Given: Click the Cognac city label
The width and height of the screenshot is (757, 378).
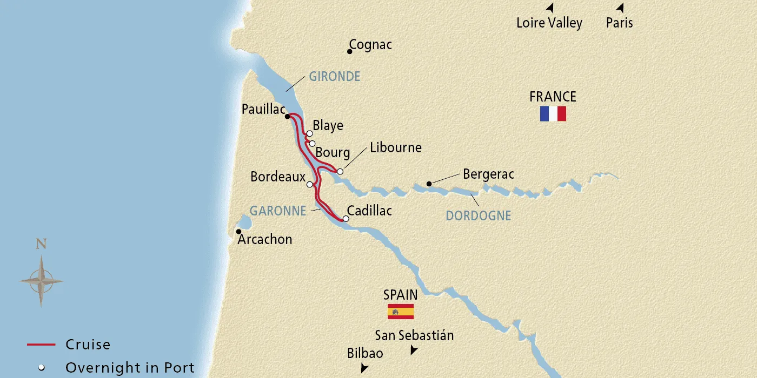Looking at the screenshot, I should (370, 45).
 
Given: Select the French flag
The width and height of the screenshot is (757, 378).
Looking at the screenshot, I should (553, 113).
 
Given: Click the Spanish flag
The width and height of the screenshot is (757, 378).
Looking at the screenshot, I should (401, 312).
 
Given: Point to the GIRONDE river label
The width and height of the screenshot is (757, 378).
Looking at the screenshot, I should (334, 77).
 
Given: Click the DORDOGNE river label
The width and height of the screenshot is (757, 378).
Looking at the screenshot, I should (478, 216).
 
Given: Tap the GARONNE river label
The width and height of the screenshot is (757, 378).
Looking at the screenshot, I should (278, 211).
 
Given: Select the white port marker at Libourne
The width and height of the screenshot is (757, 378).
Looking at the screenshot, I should (340, 172).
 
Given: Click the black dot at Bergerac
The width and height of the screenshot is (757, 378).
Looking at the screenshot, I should (429, 184).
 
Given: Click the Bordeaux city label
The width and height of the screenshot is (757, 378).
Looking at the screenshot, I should (278, 177).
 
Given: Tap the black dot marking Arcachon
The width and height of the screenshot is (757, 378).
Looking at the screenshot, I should (238, 232).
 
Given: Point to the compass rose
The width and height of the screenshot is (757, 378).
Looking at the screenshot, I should (41, 281).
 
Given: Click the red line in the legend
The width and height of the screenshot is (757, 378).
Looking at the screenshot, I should (41, 345).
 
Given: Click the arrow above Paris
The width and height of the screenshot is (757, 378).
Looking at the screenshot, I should (620, 8).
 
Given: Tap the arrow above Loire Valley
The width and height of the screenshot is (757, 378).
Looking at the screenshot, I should (550, 8).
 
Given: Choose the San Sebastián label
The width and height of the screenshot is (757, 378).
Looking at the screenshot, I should (415, 335).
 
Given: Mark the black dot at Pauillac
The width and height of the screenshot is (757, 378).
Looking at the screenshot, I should (288, 116).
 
